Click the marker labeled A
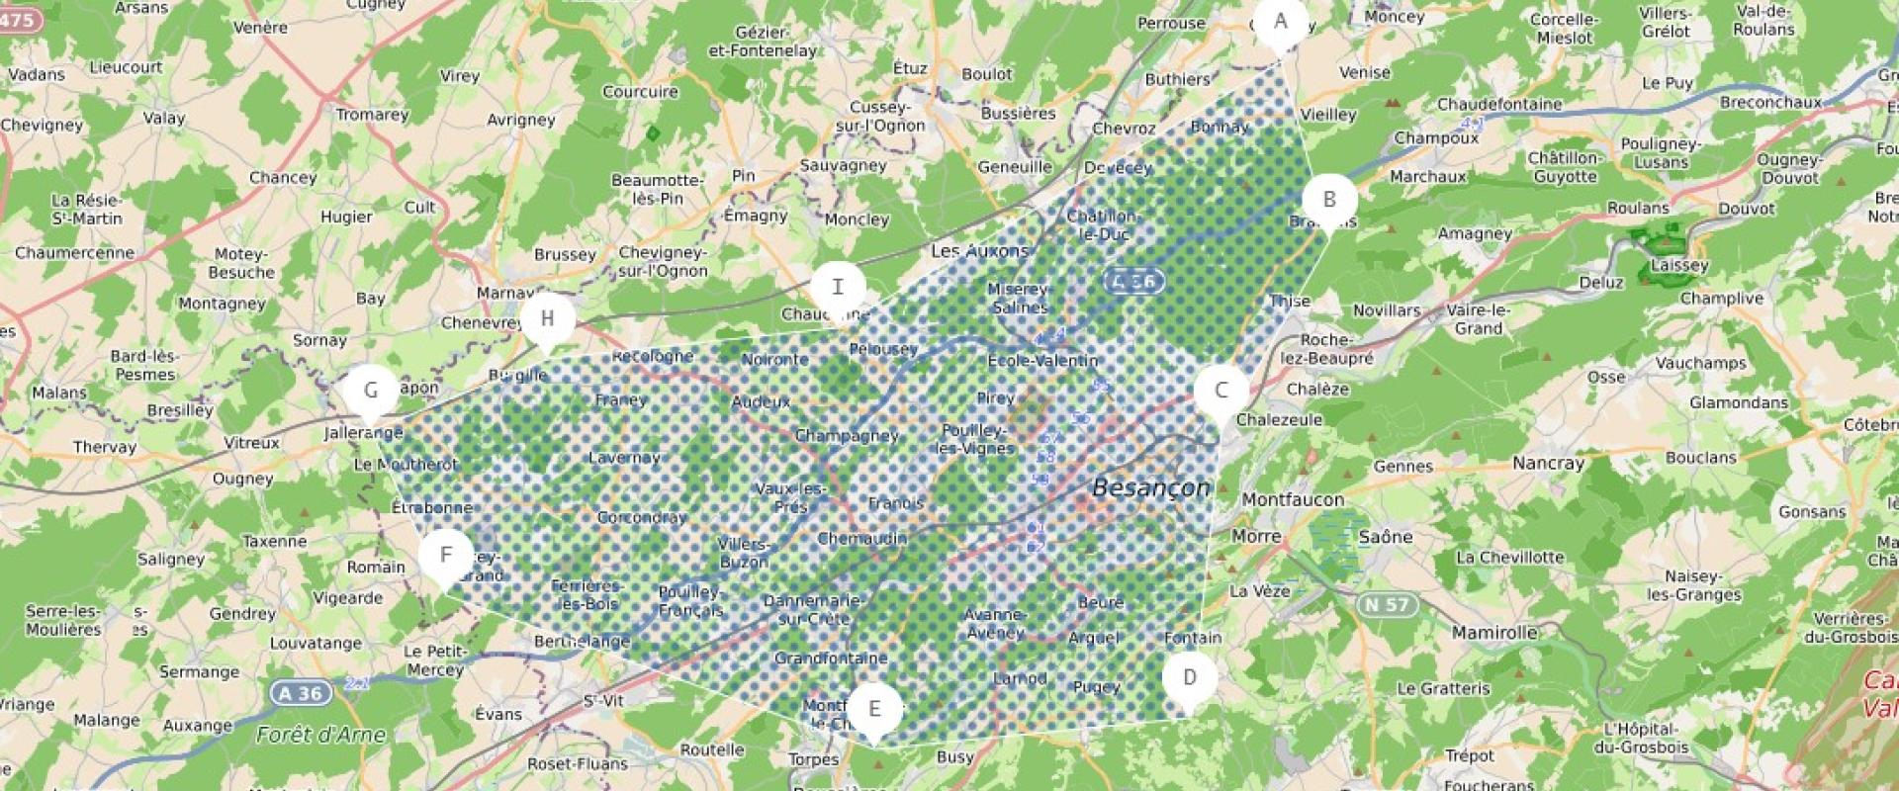(1281, 22)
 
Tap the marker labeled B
(1329, 200)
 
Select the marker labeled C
(1221, 391)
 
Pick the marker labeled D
(1189, 678)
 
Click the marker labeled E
(874, 709)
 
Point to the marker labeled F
(445, 556)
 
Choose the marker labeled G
(371, 391)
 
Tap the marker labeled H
(547, 319)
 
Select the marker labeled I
(838, 288)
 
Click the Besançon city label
(1151, 487)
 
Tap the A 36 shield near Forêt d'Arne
(300, 693)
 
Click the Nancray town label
(1548, 463)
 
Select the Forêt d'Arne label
(320, 735)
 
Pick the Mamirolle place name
(1494, 633)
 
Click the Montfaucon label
(1293, 500)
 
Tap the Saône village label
(1385, 537)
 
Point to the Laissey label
(1679, 266)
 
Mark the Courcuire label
(640, 92)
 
